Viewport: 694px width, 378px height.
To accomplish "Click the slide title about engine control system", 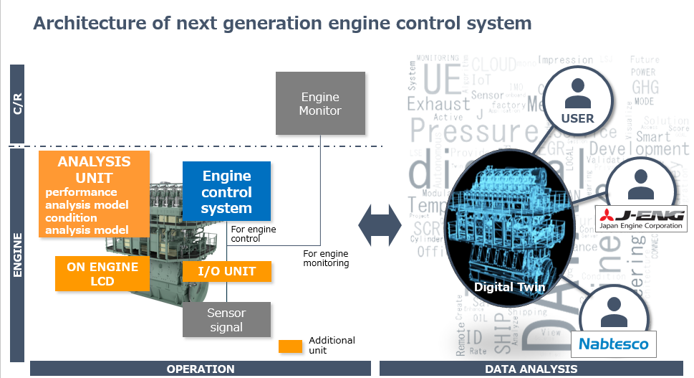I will point(283,23).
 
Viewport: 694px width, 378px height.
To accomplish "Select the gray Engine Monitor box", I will point(320,104).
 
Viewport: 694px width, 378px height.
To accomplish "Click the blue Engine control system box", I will point(226,192).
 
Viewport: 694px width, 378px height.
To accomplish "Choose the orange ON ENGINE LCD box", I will point(102,273).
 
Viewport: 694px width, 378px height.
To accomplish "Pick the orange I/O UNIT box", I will point(226,272).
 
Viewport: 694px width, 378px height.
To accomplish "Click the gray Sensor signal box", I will point(226,320).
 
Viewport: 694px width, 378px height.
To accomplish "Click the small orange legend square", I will point(290,346).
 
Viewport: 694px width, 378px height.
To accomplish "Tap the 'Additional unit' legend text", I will point(332,346).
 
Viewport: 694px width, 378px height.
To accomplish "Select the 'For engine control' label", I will point(253,234).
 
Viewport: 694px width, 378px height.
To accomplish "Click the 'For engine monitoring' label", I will point(326,258).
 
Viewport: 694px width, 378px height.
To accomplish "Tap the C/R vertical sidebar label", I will point(17,104).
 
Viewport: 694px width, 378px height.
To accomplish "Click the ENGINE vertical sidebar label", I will point(17,255).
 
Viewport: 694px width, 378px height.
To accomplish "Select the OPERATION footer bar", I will point(200,369).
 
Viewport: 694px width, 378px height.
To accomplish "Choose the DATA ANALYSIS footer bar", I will point(532,369).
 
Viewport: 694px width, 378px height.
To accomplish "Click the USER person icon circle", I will point(577,100).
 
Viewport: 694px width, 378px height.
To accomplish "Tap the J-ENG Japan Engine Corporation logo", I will point(640,218).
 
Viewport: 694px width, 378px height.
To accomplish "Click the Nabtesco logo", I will point(613,344).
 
